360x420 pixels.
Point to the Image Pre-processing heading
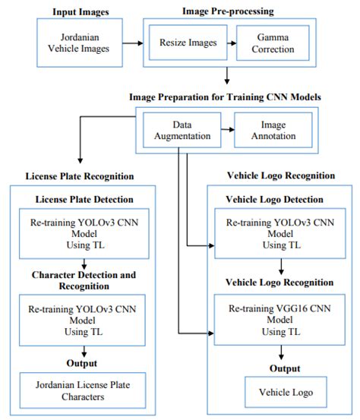227,12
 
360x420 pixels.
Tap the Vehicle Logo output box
282,392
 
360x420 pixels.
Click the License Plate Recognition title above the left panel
81,176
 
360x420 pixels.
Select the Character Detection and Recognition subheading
81,280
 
